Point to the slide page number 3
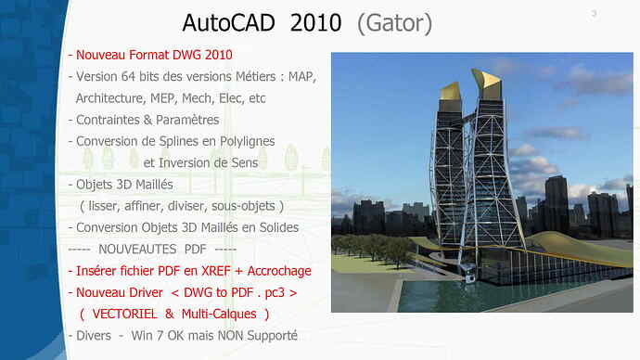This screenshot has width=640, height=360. (594, 13)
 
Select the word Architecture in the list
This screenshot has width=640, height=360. (110, 98)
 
